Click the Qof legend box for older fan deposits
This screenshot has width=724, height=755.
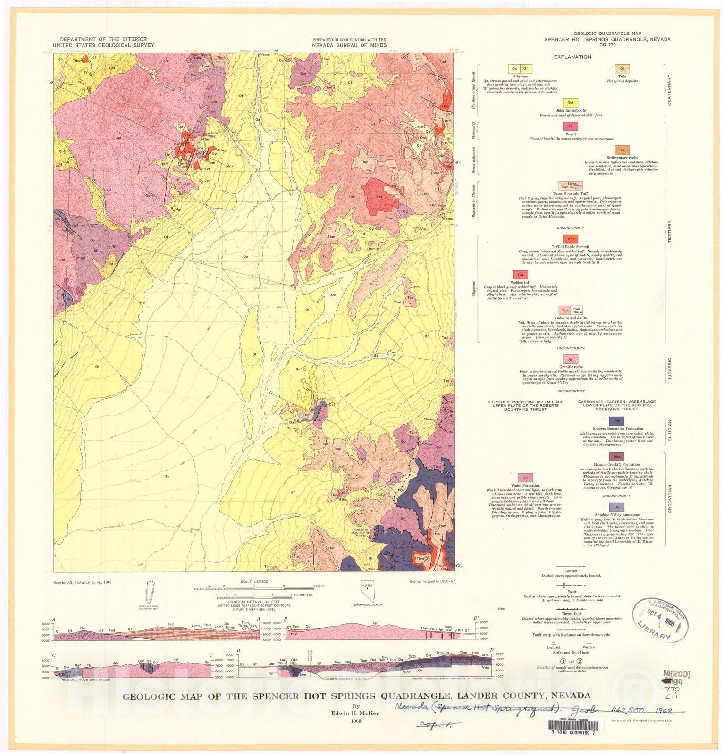coord(570,102)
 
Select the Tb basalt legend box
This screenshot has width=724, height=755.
coord(571,126)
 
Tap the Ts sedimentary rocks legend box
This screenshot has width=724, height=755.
coord(622,150)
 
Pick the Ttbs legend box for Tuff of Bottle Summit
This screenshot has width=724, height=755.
coord(571,239)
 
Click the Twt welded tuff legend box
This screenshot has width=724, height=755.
coord(520,275)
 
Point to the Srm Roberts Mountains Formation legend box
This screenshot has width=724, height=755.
coord(616,421)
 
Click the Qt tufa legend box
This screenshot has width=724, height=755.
coord(622,69)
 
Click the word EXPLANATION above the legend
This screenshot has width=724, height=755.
coord(572,57)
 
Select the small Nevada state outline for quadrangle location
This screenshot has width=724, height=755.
coord(367,590)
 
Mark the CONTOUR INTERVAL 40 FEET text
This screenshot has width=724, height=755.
coord(254,602)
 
